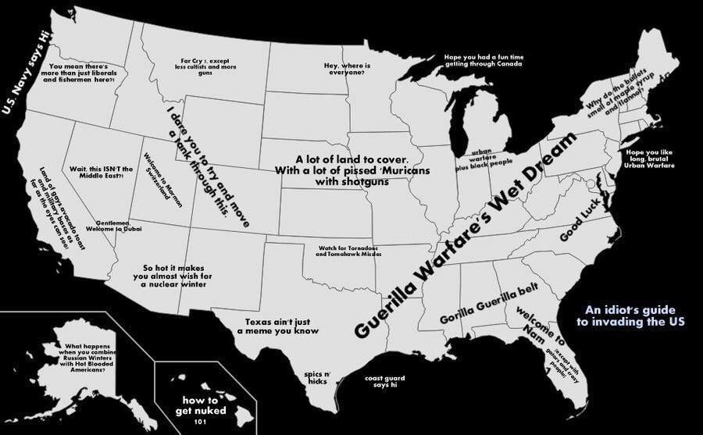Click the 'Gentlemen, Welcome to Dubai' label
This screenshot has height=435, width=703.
point(113,226)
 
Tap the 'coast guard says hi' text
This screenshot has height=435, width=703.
point(385,382)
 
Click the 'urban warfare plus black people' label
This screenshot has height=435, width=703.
point(484,158)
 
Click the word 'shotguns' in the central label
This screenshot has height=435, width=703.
point(352,183)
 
